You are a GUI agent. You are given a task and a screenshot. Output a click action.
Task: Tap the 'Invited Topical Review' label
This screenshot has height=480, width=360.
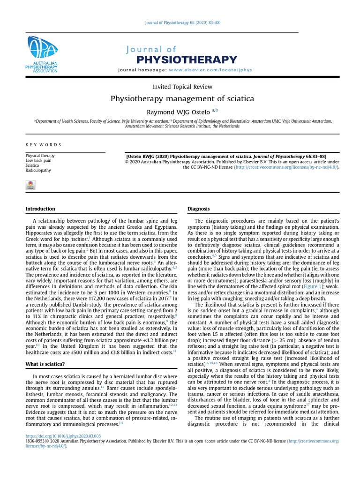(x=182, y=87)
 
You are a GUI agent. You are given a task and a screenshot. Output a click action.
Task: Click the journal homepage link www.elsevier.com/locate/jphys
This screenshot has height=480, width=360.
(x=210, y=70)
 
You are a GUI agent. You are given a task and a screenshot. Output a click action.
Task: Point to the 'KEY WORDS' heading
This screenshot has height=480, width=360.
(x=43, y=145)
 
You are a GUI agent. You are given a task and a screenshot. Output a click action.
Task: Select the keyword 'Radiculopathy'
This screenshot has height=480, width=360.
(x=38, y=171)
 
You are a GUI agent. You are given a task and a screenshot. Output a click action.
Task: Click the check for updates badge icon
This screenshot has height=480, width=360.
(x=31, y=185)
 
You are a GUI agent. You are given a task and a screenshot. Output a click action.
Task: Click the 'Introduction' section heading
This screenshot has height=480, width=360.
(x=40, y=209)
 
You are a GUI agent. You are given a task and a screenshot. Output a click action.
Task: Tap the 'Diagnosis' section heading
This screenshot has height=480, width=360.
(x=198, y=209)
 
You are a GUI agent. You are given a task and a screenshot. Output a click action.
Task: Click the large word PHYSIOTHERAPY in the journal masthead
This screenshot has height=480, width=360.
(x=186, y=60)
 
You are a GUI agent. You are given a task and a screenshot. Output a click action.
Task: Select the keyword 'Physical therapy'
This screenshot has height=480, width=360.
(x=40, y=156)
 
